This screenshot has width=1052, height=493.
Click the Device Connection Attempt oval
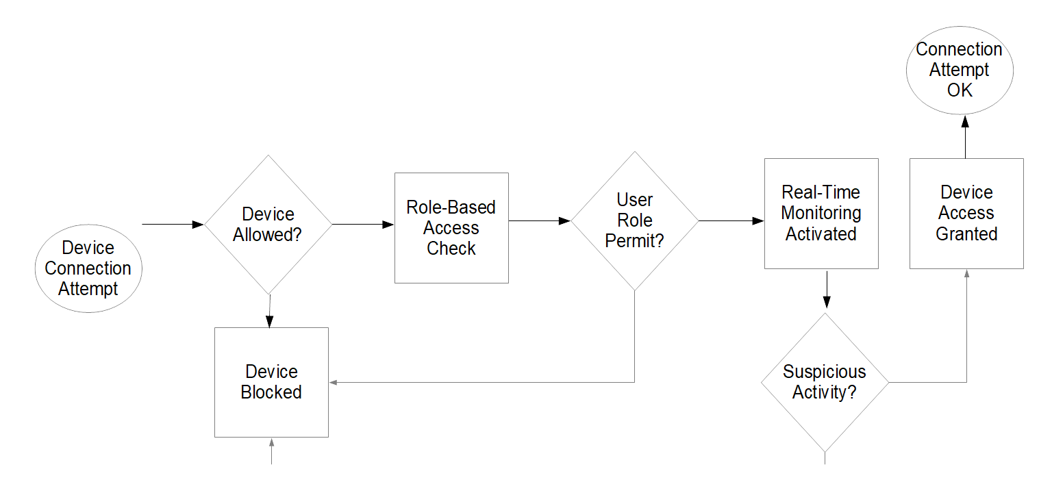tap(88, 268)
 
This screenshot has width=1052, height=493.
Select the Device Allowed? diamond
tap(268, 225)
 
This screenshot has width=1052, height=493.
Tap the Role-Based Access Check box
tap(451, 227)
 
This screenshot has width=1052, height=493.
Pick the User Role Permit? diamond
tap(635, 220)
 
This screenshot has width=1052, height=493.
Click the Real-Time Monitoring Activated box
tap(821, 213)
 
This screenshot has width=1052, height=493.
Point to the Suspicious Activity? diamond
tap(825, 382)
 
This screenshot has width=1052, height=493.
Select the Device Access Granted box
tap(966, 213)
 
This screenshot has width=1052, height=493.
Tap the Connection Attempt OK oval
tap(960, 70)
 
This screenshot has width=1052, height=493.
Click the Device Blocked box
tap(271, 382)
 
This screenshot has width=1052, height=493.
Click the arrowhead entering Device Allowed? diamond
tap(198, 224)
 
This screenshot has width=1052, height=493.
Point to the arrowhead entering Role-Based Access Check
tap(388, 224)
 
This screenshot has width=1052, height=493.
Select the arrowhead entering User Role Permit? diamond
tap(564, 221)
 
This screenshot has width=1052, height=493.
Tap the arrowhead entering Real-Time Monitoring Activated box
tap(757, 221)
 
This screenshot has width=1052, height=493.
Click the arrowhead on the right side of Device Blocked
tap(334, 382)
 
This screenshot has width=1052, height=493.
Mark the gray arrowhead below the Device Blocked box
tap(272, 442)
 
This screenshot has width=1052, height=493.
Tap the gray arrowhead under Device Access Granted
tap(966, 273)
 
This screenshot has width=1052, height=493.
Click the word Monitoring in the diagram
tap(821, 213)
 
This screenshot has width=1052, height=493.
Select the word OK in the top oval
tap(960, 90)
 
